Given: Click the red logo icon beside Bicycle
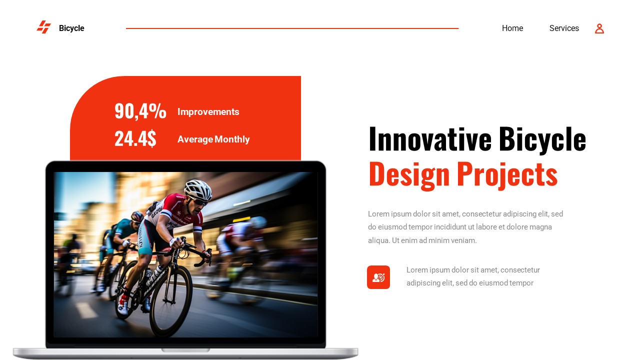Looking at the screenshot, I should [44, 27].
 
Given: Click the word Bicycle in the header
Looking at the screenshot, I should [71, 28].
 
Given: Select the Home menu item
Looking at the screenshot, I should [512, 28].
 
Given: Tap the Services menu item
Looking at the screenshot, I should [563, 28].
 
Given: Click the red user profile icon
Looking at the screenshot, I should [599, 28].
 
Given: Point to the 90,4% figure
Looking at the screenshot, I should [140, 111].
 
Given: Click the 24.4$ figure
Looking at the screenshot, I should [135, 138].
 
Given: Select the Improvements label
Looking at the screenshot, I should [208, 112].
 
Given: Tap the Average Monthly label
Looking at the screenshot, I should [213, 139].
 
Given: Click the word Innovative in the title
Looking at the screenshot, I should [429, 139].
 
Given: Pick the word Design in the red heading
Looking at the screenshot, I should [409, 174].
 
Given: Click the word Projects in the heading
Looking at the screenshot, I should [506, 174].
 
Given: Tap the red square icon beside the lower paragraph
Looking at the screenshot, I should [378, 277].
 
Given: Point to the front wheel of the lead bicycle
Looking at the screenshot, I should [170, 300].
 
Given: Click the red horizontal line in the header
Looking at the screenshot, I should [292, 28].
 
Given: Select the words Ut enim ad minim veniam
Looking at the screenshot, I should [434, 240].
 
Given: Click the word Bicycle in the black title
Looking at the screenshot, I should [542, 139].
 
